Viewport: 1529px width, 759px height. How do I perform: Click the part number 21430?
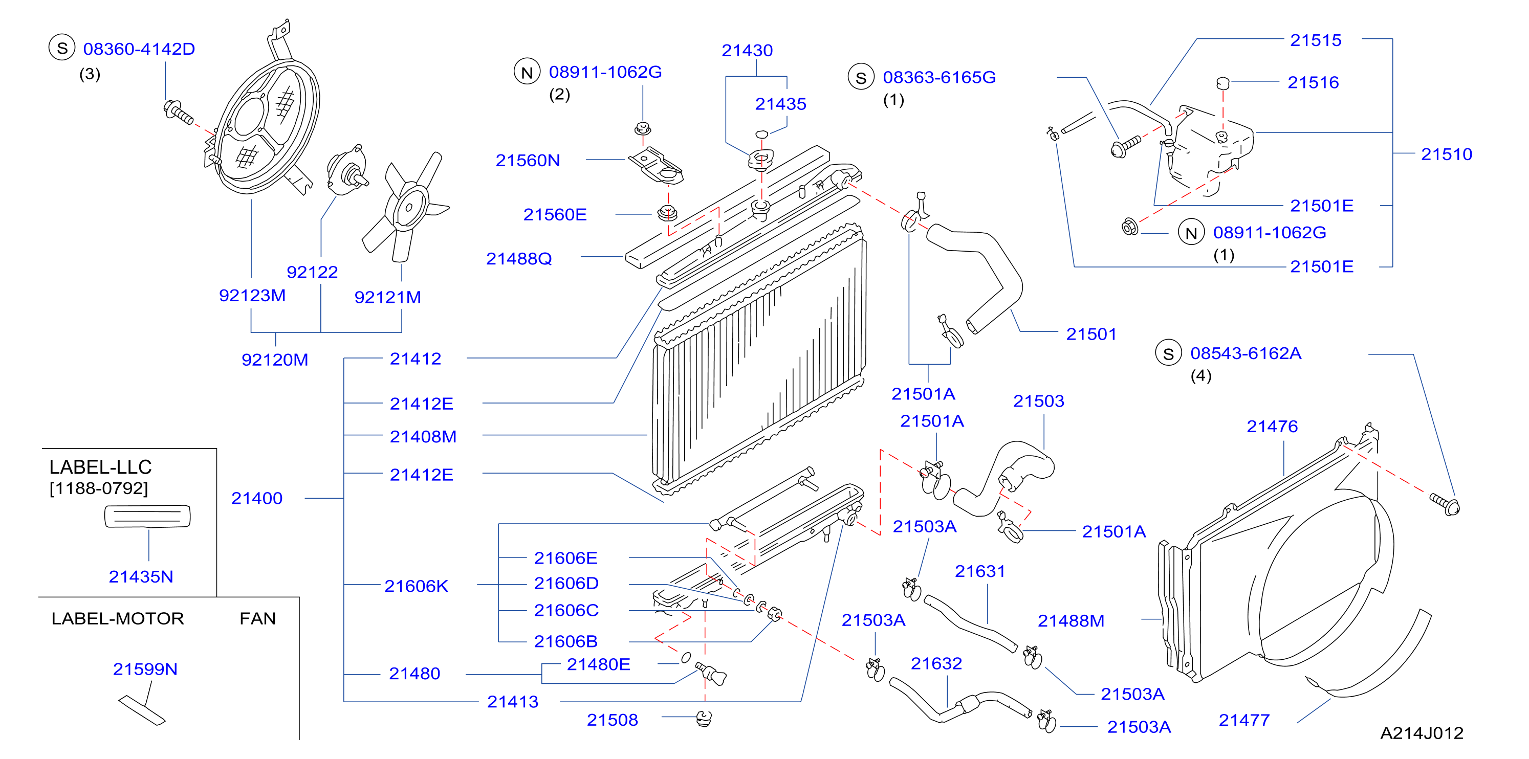pos(747,51)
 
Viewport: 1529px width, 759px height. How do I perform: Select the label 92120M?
pos(275,360)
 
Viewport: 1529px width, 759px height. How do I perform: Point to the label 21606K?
pos(416,586)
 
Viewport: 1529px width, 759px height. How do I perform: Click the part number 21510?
pos(1447,154)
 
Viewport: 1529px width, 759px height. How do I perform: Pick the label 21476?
pos(1272,426)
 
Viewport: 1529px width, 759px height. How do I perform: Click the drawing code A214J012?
pos(1422,733)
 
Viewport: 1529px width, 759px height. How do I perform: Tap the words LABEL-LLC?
pos(100,467)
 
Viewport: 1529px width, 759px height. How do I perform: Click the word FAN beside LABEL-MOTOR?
pos(257,618)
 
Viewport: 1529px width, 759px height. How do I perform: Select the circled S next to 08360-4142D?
pos(62,48)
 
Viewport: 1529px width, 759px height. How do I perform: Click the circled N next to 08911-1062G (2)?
pos(527,72)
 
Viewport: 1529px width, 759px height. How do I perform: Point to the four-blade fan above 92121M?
pos(407,207)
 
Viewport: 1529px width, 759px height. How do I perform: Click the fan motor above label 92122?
pos(346,170)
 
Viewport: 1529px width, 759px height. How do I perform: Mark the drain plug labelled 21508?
pos(704,719)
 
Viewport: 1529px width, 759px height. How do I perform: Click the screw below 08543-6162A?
pos(1445,504)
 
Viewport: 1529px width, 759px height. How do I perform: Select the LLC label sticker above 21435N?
pos(147,516)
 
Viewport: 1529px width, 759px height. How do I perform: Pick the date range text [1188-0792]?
pos(99,488)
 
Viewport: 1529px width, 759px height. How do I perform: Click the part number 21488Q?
pos(519,259)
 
